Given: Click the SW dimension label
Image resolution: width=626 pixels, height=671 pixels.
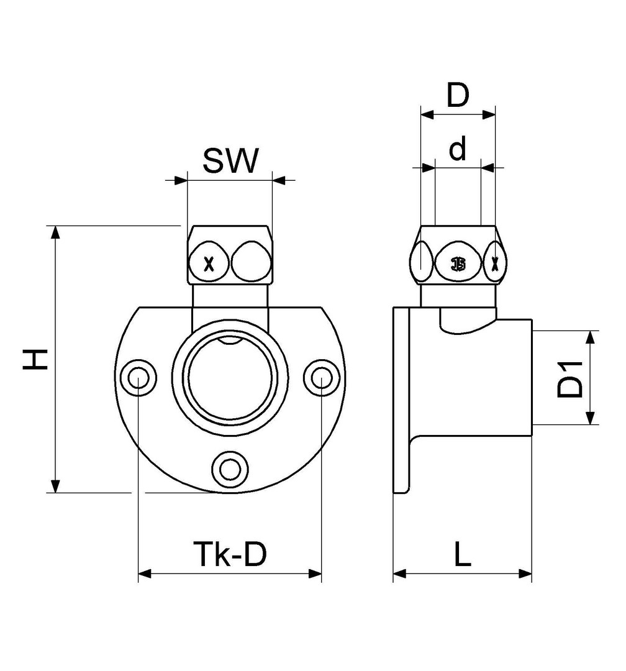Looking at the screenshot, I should [x=230, y=162].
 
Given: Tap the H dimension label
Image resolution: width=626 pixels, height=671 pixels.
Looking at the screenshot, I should [x=37, y=358].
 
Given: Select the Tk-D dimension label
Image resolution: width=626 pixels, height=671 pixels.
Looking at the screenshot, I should [x=229, y=554].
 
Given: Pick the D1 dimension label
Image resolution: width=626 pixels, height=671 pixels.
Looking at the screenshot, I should [x=569, y=378].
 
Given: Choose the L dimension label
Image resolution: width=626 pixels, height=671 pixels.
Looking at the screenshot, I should [x=461, y=554].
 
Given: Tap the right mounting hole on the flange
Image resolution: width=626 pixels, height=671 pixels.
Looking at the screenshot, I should [x=322, y=377].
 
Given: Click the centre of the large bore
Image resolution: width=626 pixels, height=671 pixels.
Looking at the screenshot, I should [x=229, y=377].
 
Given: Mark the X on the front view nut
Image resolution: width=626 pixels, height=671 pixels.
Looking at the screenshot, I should [x=209, y=265].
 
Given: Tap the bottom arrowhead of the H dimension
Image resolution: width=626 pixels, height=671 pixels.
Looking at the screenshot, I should [x=56, y=486].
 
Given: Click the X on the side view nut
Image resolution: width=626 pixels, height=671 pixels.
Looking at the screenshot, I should [x=494, y=264].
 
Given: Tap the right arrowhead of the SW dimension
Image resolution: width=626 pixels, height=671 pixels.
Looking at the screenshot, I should [x=279, y=181].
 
